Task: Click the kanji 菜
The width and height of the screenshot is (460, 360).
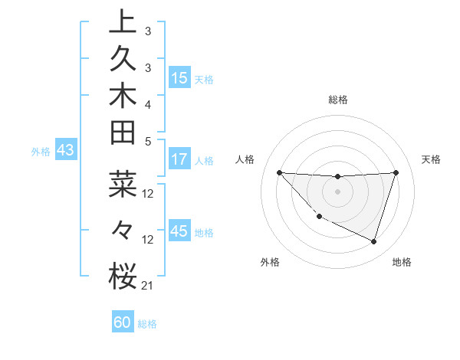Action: pyautogui.click(x=123, y=186)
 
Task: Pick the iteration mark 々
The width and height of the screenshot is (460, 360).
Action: pyautogui.click(x=123, y=229)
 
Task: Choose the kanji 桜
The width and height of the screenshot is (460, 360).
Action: pyautogui.click(x=123, y=277)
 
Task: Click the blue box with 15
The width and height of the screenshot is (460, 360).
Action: pyautogui.click(x=179, y=78)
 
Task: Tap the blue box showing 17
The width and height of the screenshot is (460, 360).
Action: pyautogui.click(x=179, y=160)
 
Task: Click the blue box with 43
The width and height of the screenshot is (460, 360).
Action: pyautogui.click(x=65, y=151)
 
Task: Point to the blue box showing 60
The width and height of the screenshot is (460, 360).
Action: pyautogui.click(x=123, y=322)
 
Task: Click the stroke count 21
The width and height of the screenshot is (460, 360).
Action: pyautogui.click(x=147, y=286)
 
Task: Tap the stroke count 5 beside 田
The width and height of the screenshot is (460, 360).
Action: pyautogui.click(x=147, y=141)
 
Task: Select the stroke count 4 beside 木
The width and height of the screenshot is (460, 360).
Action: pyautogui.click(x=147, y=104)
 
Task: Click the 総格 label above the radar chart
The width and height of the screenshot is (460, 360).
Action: pyautogui.click(x=337, y=100)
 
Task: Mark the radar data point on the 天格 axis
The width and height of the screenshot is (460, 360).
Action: pyautogui.click(x=396, y=172)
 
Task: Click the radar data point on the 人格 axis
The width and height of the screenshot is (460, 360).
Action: pyautogui.click(x=279, y=172)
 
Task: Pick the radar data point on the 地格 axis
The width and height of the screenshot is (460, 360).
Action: pyautogui.click(x=373, y=241)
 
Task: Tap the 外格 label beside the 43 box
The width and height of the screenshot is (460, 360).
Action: pyautogui.click(x=40, y=152)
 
